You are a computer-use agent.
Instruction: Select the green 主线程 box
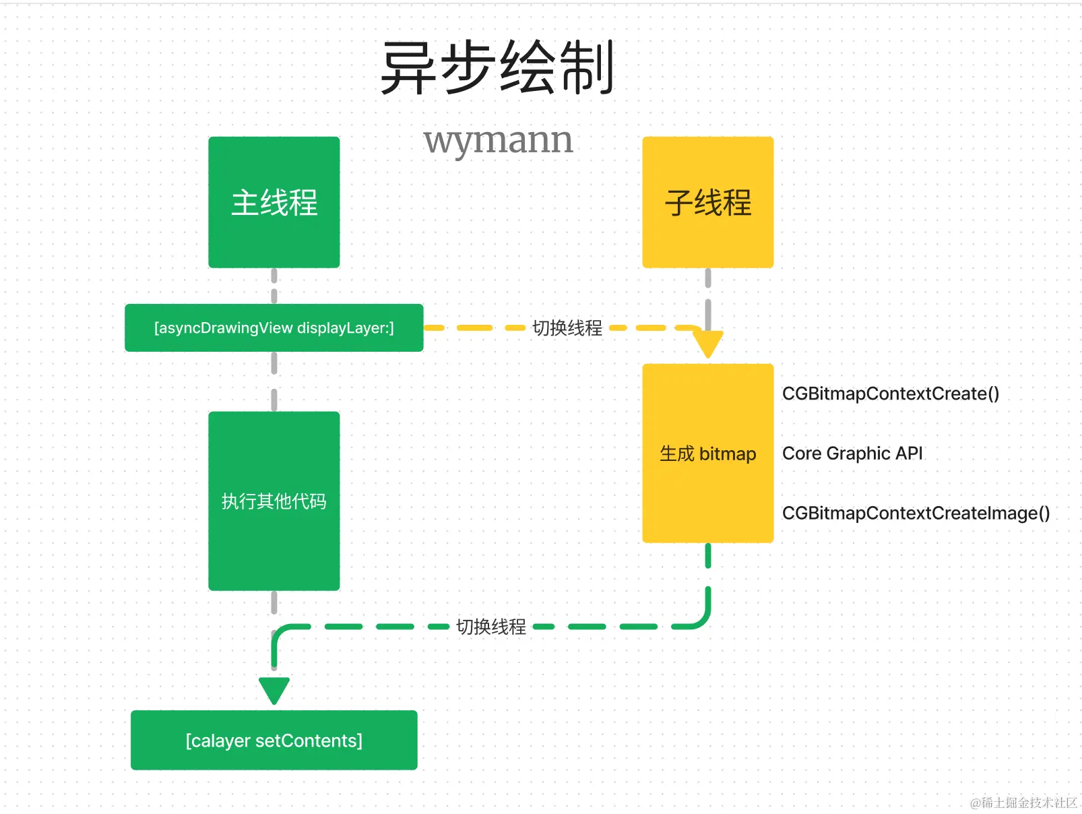pyautogui.click(x=274, y=202)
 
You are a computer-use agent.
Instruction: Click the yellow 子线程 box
pyautogui.click(x=707, y=202)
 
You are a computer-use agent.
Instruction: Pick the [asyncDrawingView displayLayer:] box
pyautogui.click(x=274, y=328)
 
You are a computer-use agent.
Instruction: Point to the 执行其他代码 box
pyautogui.click(x=274, y=501)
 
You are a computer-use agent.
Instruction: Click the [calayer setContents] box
pyautogui.click(x=274, y=740)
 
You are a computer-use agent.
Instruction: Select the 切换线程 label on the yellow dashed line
pyautogui.click(x=567, y=328)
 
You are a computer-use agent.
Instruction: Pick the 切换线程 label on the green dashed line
pyautogui.click(x=491, y=627)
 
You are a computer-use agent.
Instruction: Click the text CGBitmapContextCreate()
pyautogui.click(x=890, y=394)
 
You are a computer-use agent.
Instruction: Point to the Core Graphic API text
pyautogui.click(x=852, y=453)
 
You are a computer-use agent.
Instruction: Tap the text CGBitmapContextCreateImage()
pyautogui.click(x=916, y=513)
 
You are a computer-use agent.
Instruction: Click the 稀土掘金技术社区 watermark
pyautogui.click(x=1023, y=802)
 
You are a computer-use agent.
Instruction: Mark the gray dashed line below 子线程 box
pyautogui.click(x=707, y=296)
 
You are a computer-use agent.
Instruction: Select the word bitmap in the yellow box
pyautogui.click(x=728, y=454)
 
